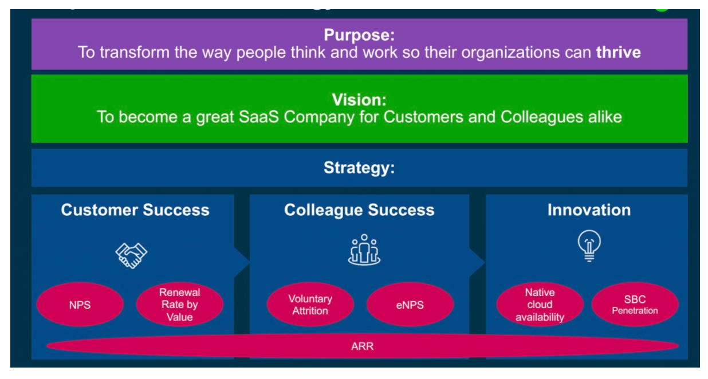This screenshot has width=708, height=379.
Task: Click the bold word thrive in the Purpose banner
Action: point(618,53)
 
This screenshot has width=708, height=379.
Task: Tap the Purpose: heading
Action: point(359,35)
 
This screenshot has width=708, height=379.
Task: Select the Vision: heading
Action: point(359,100)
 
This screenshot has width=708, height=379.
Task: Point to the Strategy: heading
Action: point(359,168)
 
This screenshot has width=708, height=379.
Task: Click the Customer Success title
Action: point(135,210)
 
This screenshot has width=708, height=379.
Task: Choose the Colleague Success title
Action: point(359,210)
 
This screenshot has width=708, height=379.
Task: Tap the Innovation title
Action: point(589,210)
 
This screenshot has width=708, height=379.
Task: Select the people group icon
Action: point(364,250)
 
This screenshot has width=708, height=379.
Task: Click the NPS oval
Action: point(80,305)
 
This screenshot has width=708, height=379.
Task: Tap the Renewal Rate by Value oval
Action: point(179,305)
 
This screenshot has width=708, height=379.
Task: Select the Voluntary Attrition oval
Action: point(310,305)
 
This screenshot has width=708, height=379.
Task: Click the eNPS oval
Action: point(410,305)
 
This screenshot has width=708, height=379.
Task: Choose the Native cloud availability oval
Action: point(540,305)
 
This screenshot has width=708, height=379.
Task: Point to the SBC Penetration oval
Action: point(635,305)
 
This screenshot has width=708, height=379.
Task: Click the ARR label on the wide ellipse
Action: point(362,346)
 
